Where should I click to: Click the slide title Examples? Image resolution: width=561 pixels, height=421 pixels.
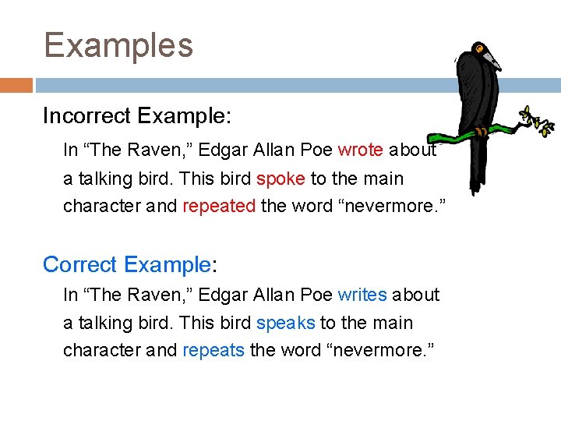(x=118, y=45)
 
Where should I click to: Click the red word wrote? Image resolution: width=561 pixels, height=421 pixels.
(x=360, y=150)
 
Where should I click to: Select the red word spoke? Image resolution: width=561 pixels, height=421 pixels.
(x=280, y=179)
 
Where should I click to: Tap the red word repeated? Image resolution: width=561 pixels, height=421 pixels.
(x=219, y=207)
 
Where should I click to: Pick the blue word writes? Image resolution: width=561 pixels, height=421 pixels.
(x=362, y=295)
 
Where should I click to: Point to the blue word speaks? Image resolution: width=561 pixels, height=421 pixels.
(x=285, y=323)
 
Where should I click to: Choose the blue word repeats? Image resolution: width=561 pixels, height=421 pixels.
(x=213, y=351)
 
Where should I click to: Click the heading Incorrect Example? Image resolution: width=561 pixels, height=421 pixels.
(x=137, y=116)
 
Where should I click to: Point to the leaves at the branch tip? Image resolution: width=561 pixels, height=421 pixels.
(x=538, y=119)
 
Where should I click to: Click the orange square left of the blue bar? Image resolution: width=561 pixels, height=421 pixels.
(x=16, y=85)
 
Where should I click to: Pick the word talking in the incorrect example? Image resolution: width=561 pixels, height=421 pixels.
(x=102, y=179)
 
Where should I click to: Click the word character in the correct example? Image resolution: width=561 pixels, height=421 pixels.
(x=101, y=351)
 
